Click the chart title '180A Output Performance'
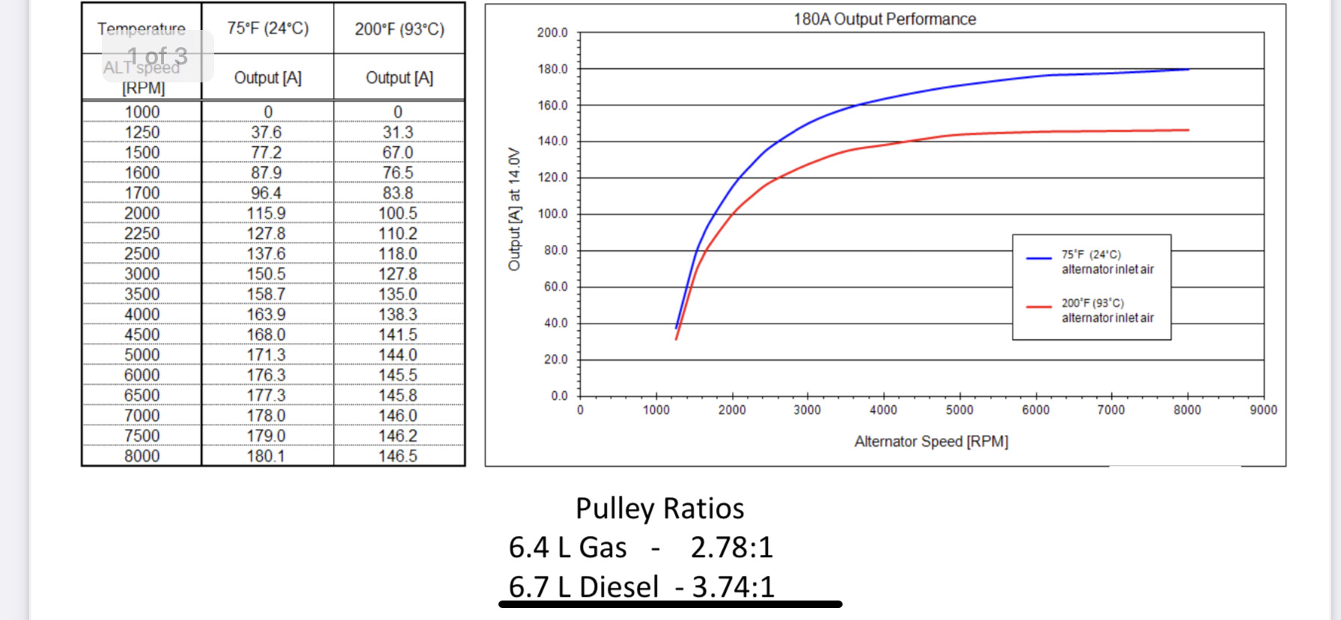(x=885, y=19)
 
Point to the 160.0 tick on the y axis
(x=552, y=106)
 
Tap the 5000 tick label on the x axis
(x=959, y=410)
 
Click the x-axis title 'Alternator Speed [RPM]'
(x=931, y=442)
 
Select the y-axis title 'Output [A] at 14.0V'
(x=514, y=209)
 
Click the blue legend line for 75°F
(x=1039, y=258)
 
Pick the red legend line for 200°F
(x=1039, y=307)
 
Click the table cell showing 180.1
(x=266, y=456)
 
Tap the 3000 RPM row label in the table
(x=142, y=274)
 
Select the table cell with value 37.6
(x=266, y=133)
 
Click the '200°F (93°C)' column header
(x=399, y=29)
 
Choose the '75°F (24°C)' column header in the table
(x=268, y=28)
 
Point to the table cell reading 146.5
(x=398, y=456)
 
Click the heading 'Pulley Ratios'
(x=659, y=509)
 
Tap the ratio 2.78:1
(x=731, y=548)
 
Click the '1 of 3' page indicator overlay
(x=158, y=56)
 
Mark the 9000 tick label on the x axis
(x=1263, y=410)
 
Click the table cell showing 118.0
(x=398, y=254)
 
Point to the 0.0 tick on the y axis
(x=559, y=396)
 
